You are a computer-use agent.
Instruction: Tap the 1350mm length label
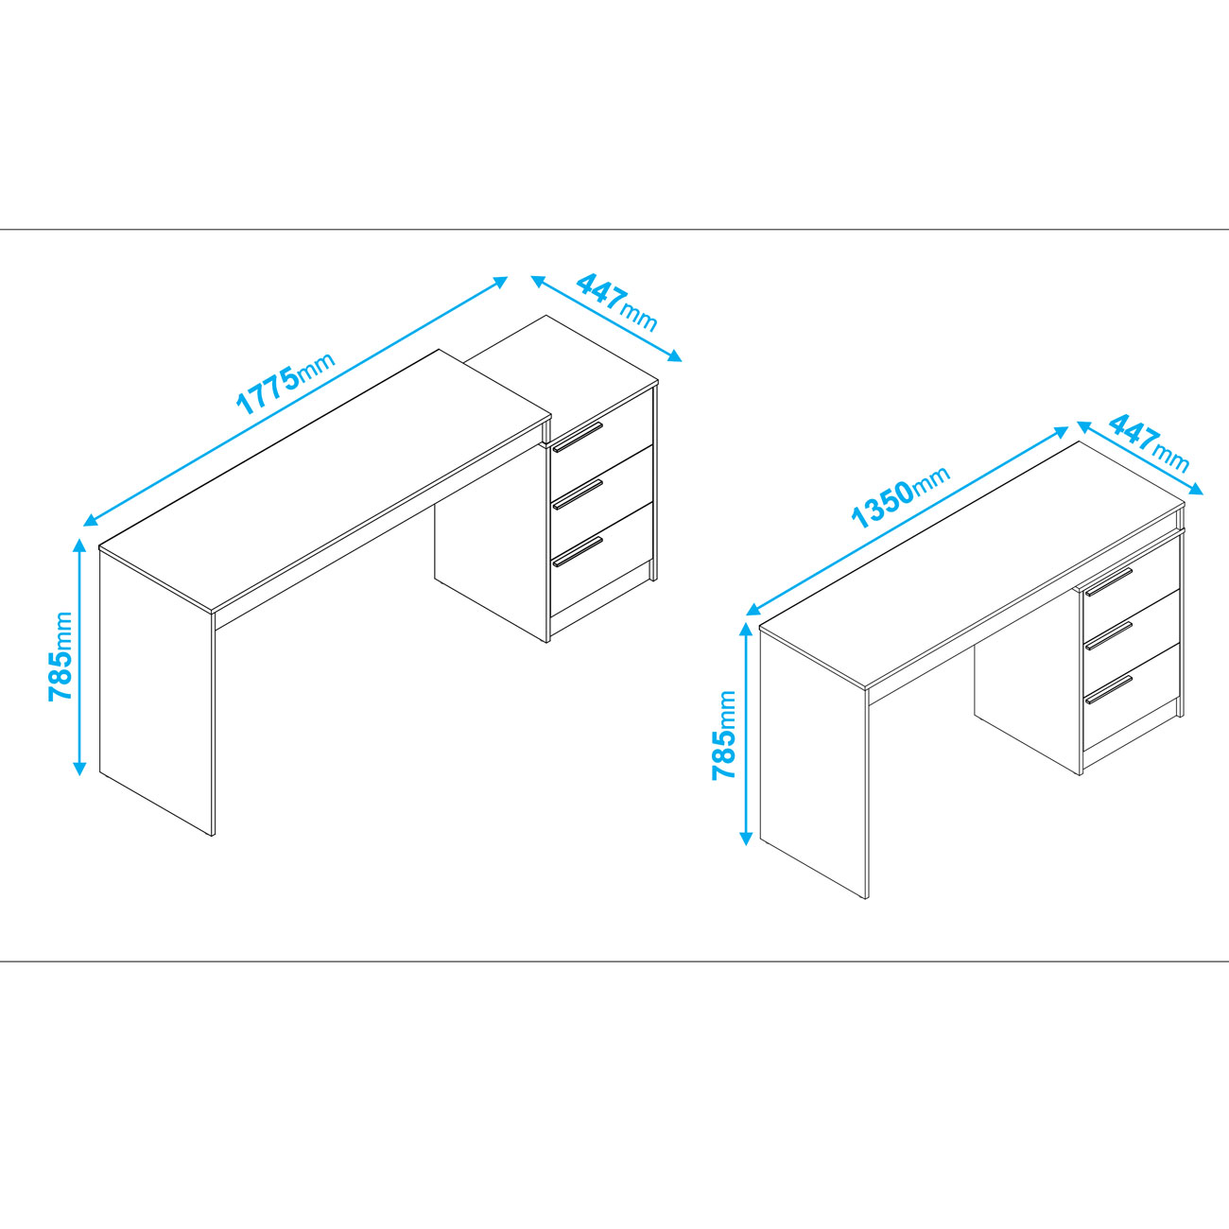click(901, 497)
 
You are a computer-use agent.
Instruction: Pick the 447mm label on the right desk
click(1150, 444)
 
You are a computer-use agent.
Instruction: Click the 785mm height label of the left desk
click(61, 656)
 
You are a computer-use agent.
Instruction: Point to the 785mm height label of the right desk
click(723, 735)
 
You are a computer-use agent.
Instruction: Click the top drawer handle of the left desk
click(578, 437)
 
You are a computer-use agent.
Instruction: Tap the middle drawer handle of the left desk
click(578, 494)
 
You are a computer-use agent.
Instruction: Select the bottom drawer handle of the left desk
click(578, 552)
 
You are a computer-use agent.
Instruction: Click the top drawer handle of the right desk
click(1109, 581)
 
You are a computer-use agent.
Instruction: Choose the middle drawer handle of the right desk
click(1109, 635)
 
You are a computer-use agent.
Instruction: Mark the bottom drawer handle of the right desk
click(1109, 689)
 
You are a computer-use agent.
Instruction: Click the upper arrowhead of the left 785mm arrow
click(79, 545)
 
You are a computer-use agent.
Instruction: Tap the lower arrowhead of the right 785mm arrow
click(745, 838)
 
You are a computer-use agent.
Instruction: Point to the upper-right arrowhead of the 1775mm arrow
click(501, 281)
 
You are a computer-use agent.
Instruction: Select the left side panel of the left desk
click(156, 692)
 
